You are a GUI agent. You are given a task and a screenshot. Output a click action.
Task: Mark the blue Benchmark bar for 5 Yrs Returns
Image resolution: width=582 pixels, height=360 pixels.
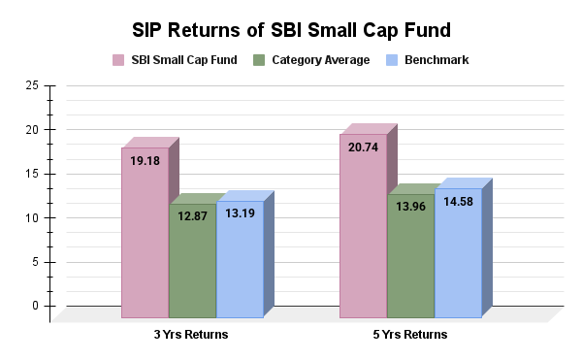458,262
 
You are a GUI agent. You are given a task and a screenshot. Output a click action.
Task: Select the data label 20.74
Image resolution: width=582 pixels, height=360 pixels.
364,147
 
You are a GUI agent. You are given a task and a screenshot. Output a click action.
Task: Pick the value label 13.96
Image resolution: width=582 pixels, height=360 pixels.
411,208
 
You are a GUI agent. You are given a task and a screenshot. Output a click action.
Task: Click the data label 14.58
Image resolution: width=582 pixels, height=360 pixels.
459,202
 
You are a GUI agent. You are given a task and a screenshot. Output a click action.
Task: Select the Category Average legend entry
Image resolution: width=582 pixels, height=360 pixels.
312,60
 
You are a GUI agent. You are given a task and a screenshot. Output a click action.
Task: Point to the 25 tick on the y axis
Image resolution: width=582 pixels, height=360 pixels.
33,85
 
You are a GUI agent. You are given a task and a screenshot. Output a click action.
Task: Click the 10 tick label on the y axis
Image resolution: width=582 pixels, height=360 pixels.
33,217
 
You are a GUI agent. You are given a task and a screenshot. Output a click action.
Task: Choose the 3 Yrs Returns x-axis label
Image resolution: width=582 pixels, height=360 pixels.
192,335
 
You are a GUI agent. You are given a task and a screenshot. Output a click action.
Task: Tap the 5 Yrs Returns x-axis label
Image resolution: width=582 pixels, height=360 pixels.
410,335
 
